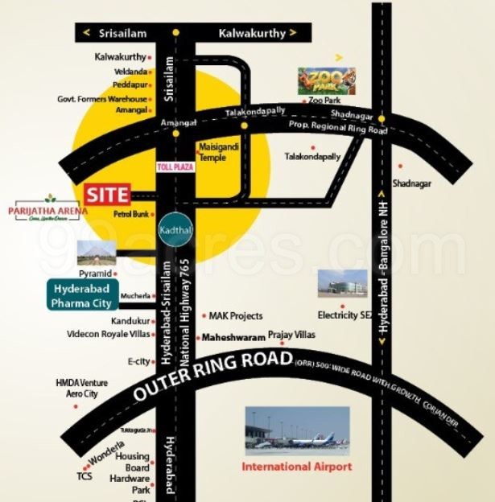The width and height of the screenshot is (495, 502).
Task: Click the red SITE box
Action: (107, 194)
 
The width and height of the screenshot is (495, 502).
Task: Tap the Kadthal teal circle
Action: (175, 228)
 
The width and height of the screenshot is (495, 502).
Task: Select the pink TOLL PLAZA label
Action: (175, 166)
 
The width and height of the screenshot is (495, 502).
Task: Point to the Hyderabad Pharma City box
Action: (82, 296)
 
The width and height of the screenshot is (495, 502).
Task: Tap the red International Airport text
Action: (297, 467)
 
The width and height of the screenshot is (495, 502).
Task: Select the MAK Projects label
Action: (236, 316)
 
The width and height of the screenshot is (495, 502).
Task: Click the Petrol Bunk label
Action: (132, 215)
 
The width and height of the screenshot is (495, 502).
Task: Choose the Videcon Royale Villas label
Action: (109, 334)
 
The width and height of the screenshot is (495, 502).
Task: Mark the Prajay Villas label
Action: (292, 334)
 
